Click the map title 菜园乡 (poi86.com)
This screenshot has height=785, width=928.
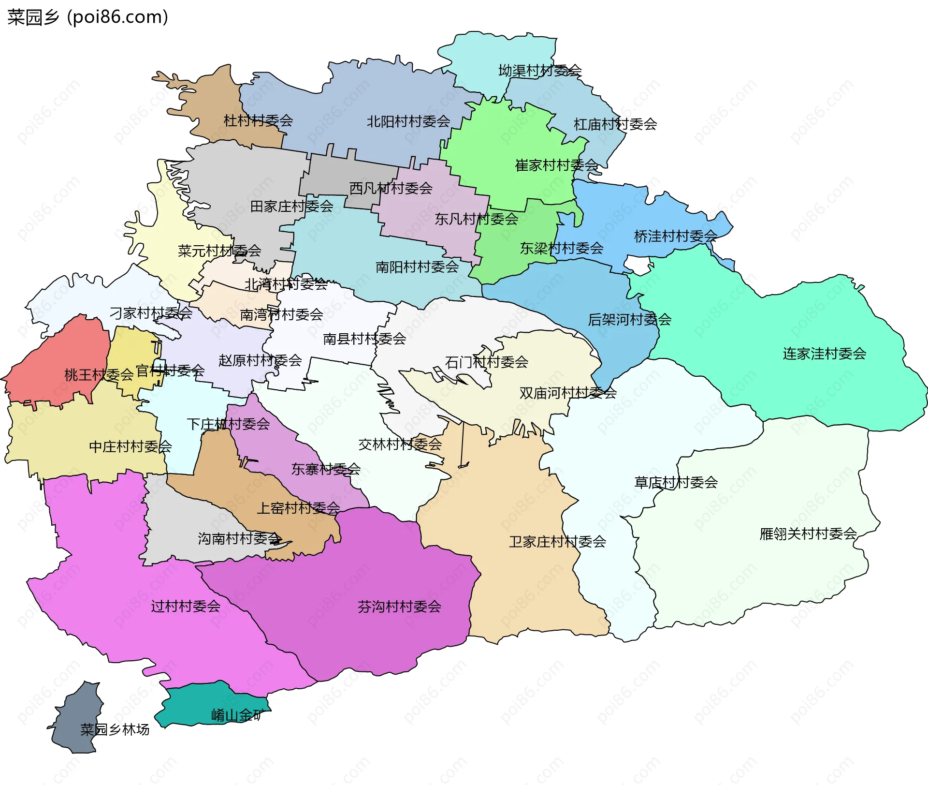[87, 17]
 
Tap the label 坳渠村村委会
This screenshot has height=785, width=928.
[539, 71]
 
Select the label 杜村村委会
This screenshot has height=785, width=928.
[258, 120]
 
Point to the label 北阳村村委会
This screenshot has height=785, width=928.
[408, 121]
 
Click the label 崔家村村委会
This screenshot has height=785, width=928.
[556, 165]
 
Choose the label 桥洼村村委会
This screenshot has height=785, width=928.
[675, 237]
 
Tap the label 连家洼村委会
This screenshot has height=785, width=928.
[824, 354]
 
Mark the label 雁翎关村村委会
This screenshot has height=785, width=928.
[808, 534]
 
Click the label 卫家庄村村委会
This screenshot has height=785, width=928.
[557, 542]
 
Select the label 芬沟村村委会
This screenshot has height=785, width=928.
[399, 607]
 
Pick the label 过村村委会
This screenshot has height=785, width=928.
[186, 606]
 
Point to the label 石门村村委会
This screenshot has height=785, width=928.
[486, 362]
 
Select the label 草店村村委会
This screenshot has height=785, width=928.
[676, 482]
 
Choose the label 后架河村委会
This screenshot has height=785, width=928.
[629, 319]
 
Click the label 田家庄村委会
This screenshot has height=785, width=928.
[291, 207]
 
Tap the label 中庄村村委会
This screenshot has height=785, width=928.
[130, 446]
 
